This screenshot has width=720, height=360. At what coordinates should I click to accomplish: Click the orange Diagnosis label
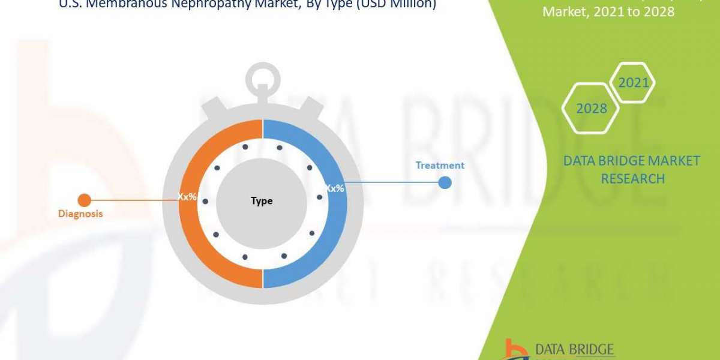coord(80,214)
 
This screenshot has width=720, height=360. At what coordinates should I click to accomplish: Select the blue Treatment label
coord(440,165)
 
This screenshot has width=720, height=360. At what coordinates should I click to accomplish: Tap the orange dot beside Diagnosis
coord(85,200)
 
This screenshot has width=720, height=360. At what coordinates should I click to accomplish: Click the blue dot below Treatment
coord(445,182)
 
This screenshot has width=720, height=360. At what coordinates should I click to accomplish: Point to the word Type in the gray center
coord(262,201)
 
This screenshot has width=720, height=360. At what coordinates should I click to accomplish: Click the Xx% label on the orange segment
coord(187,196)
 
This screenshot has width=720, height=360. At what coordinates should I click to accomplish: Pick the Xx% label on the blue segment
coord(334,188)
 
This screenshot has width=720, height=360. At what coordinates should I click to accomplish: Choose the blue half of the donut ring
coord(324,240)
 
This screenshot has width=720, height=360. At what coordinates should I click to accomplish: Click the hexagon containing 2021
coord(633,82)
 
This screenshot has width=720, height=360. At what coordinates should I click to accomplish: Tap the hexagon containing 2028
coord(591,109)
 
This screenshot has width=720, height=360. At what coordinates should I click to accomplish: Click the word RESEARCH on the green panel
coord(632,179)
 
